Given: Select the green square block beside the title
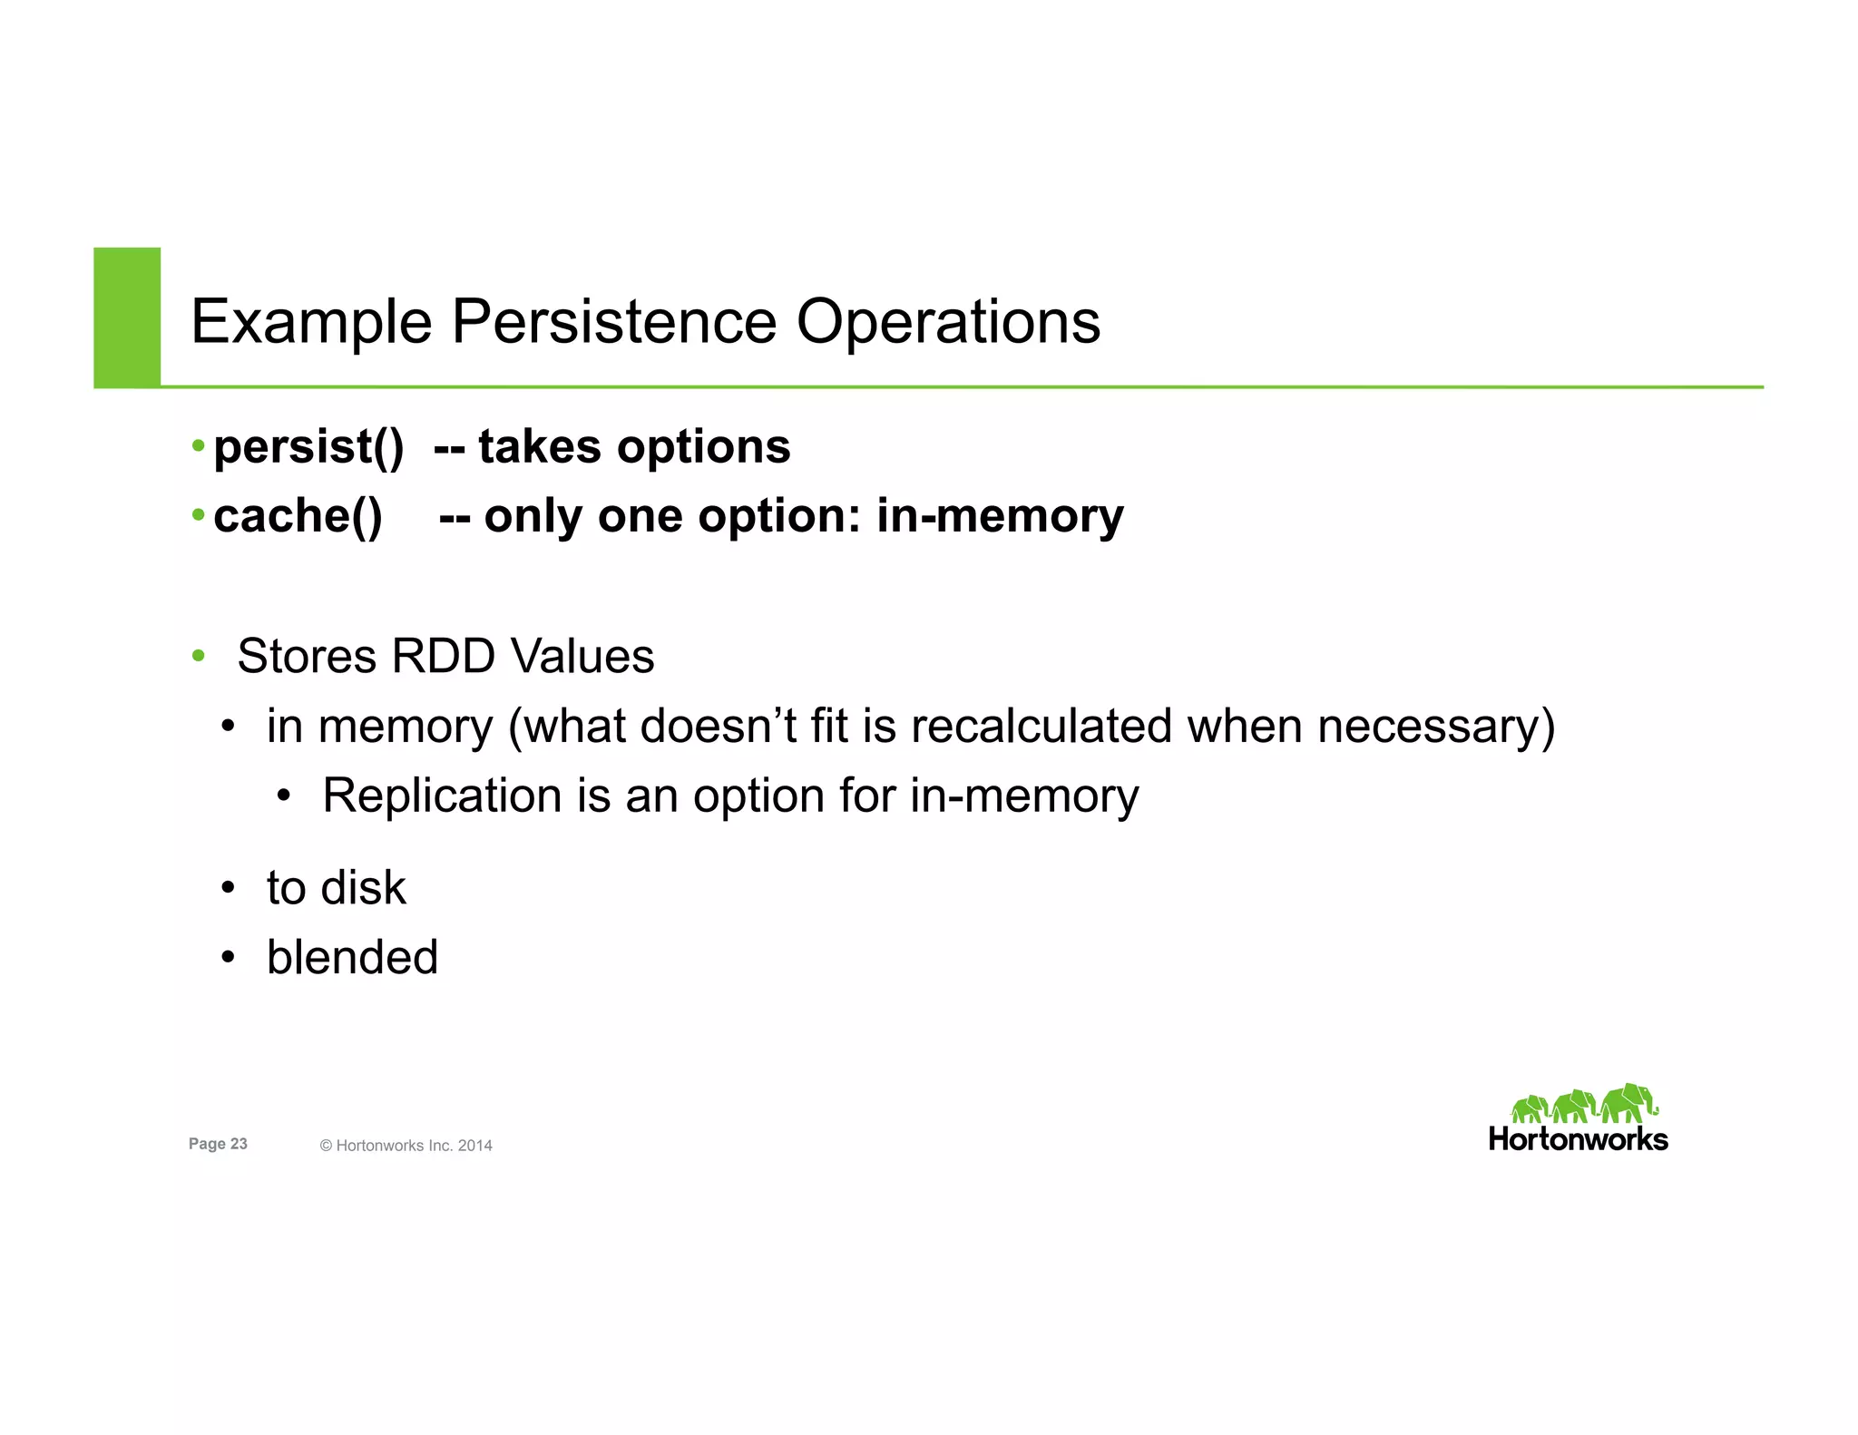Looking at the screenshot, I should coord(127,317).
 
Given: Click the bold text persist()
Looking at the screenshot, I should coord(308,447).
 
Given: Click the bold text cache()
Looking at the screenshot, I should coord(298,516).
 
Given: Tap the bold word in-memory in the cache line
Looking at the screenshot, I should coord(1000,516).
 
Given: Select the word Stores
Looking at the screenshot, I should coord(306,656).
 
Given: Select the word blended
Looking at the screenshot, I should coord(352,957).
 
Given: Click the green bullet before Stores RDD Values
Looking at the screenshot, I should coord(198,656).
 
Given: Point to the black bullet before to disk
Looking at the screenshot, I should coord(228,887).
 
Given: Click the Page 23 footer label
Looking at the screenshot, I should coord(218,1144).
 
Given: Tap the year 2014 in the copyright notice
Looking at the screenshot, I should coord(474,1146).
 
